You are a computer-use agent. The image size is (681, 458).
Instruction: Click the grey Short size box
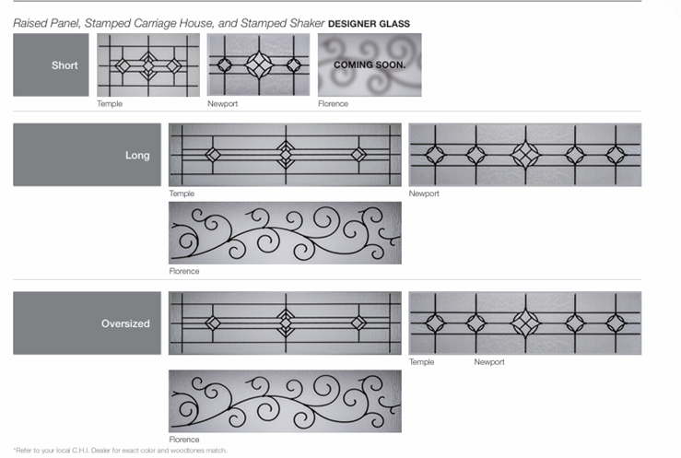(51, 65)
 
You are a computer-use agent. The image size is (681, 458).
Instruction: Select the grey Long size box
(87, 155)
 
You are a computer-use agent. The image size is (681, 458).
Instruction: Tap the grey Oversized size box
(87, 323)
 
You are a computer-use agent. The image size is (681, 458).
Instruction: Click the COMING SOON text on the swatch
(370, 65)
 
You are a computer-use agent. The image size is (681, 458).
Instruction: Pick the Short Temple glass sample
(148, 65)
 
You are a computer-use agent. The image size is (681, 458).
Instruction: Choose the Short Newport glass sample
(258, 65)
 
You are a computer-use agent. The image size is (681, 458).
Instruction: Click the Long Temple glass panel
(285, 155)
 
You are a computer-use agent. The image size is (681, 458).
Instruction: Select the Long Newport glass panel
(525, 155)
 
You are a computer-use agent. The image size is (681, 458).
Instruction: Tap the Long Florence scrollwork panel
(285, 233)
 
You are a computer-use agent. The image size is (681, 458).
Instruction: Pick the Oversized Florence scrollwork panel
(285, 401)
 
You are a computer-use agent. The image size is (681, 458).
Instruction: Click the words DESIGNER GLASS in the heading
(369, 24)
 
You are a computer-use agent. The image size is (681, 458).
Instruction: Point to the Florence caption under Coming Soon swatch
(333, 104)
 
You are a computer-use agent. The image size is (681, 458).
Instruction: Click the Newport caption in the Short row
(222, 104)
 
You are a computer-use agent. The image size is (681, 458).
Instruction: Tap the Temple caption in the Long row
(182, 194)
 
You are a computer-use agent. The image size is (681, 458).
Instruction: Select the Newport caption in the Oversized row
(489, 361)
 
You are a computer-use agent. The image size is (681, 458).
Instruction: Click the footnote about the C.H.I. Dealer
(120, 451)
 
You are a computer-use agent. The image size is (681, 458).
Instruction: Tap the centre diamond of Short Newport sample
(259, 65)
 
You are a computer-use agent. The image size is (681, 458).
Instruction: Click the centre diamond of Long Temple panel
(286, 155)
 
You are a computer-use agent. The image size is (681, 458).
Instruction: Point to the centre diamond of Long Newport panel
(525, 155)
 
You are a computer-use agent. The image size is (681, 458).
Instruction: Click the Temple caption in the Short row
(110, 104)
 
